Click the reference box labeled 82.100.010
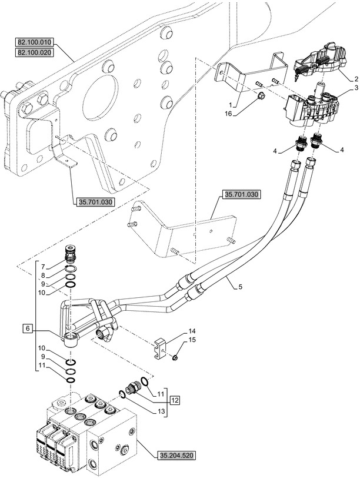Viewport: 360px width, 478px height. click(x=34, y=42)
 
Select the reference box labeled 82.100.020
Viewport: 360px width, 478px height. click(x=34, y=52)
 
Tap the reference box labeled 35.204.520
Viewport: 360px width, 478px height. click(x=176, y=456)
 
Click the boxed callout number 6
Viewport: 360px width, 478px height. click(x=28, y=328)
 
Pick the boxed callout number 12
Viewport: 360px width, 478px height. click(x=175, y=400)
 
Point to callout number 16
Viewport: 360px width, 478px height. click(x=228, y=114)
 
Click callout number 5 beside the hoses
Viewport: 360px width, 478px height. click(x=241, y=287)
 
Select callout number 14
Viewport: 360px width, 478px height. click(x=192, y=331)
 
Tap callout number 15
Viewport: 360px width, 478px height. click(x=192, y=340)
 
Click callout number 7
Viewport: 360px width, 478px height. click(x=43, y=267)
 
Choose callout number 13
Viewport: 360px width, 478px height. click(x=161, y=411)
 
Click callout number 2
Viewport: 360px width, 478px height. click(x=356, y=79)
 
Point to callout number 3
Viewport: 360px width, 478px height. click(x=356, y=88)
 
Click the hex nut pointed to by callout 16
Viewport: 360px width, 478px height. click(x=261, y=97)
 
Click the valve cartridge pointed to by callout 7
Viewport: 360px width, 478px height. click(x=71, y=255)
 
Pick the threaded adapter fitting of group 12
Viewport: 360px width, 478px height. click(x=133, y=387)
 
